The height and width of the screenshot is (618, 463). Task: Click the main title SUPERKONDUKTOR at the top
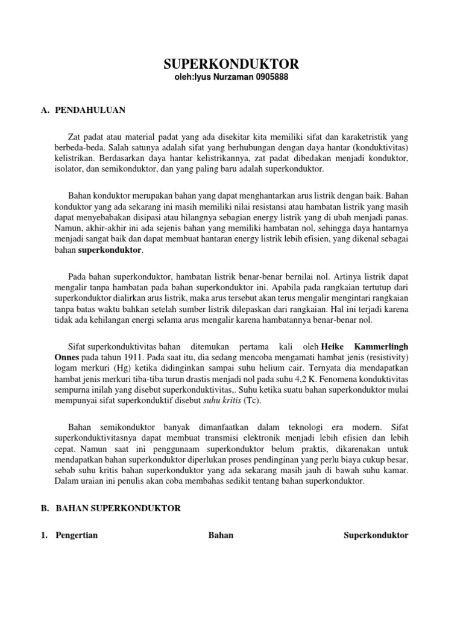[x=231, y=65]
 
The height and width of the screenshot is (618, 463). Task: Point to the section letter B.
[x=45, y=509]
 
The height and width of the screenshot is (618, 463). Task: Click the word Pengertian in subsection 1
[x=77, y=535]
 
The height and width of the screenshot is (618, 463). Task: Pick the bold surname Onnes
[x=66, y=357]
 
